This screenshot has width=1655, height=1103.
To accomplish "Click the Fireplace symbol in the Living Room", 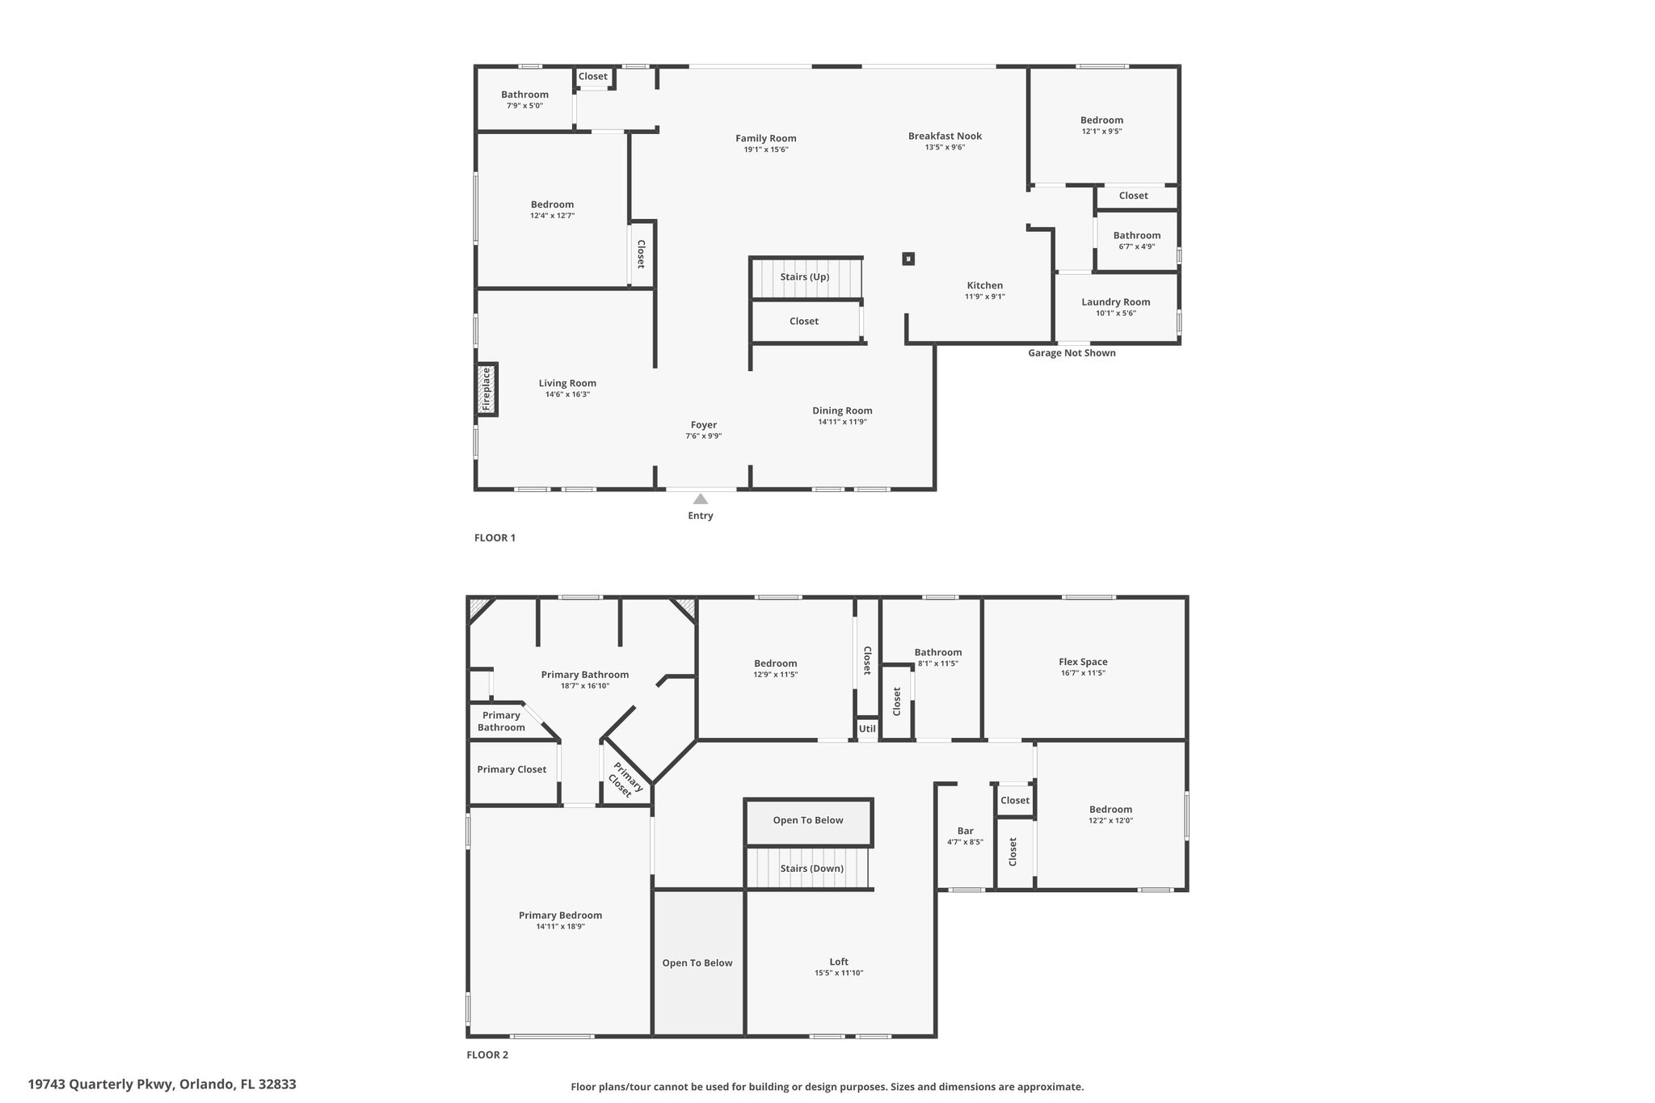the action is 486,389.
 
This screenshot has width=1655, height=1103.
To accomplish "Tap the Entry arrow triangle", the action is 701,499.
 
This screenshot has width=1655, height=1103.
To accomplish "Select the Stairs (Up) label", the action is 805,277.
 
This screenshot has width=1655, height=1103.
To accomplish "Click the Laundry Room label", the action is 1116,302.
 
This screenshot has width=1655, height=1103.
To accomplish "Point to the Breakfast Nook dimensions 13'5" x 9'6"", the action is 945,147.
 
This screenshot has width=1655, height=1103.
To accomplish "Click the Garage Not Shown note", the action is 1072,353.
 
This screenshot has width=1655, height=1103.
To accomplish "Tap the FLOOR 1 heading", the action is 495,538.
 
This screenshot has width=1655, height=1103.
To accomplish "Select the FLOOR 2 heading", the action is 487,1055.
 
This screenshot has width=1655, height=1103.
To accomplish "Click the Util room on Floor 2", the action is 867,729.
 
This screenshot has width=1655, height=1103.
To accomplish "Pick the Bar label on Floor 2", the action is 966,831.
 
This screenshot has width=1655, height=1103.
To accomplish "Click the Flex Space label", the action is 1084,662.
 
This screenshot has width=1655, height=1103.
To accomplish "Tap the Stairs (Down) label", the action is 812,869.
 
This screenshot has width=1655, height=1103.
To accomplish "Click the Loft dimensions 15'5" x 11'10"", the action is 839,973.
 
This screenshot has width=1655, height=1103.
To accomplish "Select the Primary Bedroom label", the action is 561,916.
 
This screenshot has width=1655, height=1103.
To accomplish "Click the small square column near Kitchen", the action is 908,259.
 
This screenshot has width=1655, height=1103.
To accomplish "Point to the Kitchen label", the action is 985,285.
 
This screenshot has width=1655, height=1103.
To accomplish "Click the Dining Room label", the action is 843,410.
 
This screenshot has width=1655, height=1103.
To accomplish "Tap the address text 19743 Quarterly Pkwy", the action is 100,1084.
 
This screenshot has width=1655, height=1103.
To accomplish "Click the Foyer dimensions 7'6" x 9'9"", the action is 704,436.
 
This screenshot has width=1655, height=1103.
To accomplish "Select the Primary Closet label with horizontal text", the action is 512,769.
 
